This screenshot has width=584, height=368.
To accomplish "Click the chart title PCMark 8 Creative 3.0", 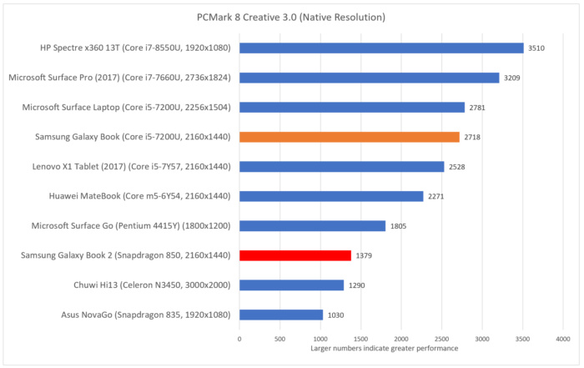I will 292,18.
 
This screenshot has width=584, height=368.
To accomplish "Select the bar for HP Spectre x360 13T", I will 381,48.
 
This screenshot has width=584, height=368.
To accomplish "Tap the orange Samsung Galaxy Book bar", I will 350,137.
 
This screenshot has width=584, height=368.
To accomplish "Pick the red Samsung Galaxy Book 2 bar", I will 295,255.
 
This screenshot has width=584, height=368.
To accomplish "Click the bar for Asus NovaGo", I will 281,315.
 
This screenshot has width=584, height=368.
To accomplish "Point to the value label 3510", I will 537,48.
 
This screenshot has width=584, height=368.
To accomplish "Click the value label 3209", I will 512,78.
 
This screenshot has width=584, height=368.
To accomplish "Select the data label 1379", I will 365,255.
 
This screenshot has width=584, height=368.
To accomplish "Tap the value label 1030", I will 336,315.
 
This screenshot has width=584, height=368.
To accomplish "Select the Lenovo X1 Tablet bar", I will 342,167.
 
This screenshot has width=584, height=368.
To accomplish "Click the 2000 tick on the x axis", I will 401,339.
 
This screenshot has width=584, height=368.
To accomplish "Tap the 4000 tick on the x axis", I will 563,339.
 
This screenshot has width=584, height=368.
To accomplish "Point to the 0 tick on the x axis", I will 239,339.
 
